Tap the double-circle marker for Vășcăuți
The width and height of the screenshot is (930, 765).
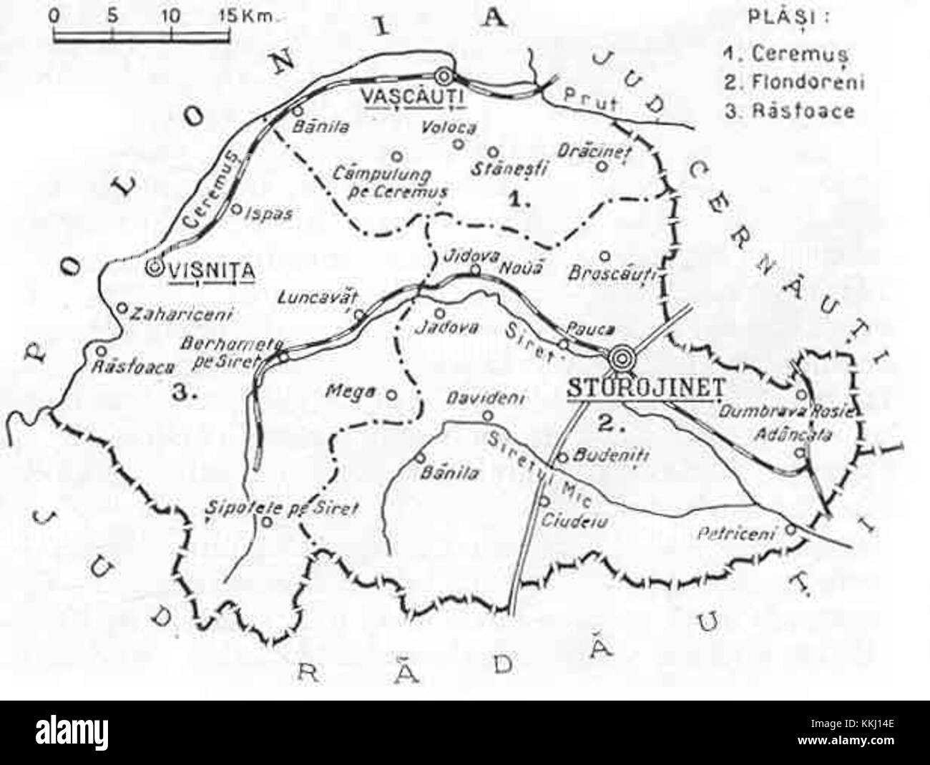click(445, 74)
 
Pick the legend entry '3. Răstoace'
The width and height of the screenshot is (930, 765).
click(789, 112)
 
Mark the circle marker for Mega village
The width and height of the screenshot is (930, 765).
click(391, 393)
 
